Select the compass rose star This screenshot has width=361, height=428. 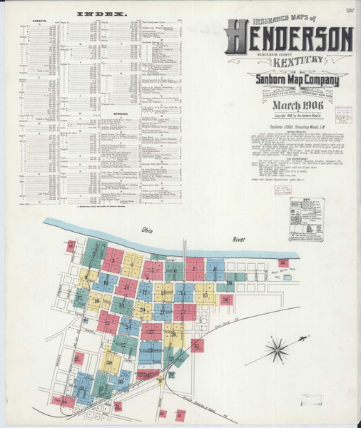point(276,351)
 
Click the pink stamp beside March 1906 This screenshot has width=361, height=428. point(344,113)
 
